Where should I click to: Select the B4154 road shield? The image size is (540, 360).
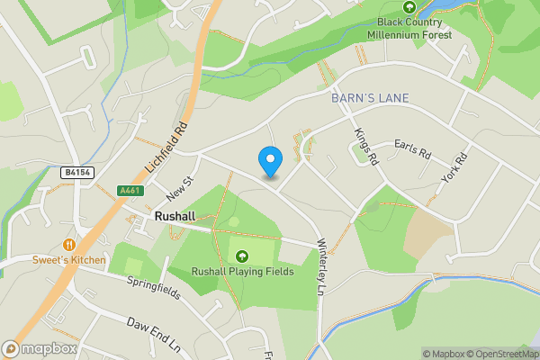(77, 172)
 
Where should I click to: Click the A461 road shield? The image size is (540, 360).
(130, 190)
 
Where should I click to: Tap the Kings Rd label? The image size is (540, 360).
(364, 145)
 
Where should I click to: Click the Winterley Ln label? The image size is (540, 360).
(319, 266)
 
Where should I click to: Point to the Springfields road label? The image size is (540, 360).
(153, 283)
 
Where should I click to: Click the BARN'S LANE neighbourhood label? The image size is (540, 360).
(370, 97)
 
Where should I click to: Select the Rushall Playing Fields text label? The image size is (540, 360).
(241, 273)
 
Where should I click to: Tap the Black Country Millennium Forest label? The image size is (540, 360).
(409, 28)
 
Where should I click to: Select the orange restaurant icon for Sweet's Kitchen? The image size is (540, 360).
(68, 244)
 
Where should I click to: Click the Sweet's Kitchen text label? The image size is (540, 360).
(68, 260)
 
